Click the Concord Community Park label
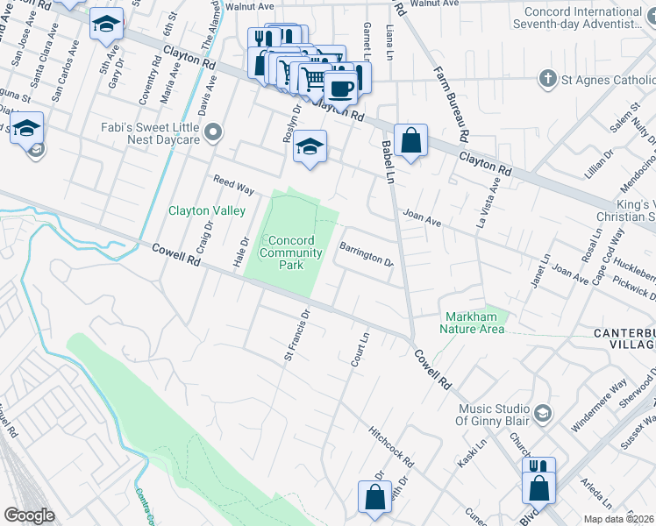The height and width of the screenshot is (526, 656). pyautogui.click(x=290, y=252)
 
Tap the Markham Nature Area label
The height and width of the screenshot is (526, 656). pyautogui.click(x=474, y=323)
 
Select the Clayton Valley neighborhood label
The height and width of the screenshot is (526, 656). pyautogui.click(x=207, y=210)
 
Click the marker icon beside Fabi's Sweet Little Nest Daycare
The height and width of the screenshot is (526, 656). pyautogui.click(x=213, y=132)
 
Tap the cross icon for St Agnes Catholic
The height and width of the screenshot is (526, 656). pyautogui.click(x=548, y=80)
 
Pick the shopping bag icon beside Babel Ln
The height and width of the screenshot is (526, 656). pyautogui.click(x=410, y=139)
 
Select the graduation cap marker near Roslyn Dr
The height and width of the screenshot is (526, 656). pyautogui.click(x=310, y=146)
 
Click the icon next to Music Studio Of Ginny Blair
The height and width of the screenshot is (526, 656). pyautogui.click(x=543, y=411)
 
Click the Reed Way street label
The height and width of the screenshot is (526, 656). pyautogui.click(x=234, y=185)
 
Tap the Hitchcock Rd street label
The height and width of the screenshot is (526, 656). pyautogui.click(x=391, y=446)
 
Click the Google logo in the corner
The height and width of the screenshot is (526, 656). pyautogui.click(x=30, y=515)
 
